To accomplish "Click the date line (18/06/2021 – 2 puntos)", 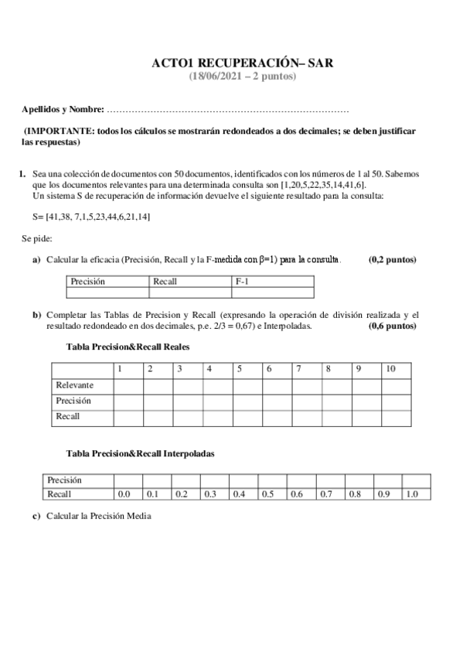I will click(242, 76).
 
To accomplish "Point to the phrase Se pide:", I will click(36, 239).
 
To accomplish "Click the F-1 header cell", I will click(242, 282).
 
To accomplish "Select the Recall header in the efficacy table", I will click(165, 282).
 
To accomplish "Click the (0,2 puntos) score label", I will click(393, 259).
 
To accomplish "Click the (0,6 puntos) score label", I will click(393, 326).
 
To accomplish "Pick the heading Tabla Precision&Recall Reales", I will click(129, 347).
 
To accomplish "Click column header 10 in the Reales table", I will click(390, 369).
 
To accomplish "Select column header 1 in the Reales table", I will click(120, 369).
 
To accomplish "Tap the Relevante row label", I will click(75, 384).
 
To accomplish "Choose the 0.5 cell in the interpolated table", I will click(267, 494).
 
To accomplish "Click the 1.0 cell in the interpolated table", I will click(412, 494).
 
